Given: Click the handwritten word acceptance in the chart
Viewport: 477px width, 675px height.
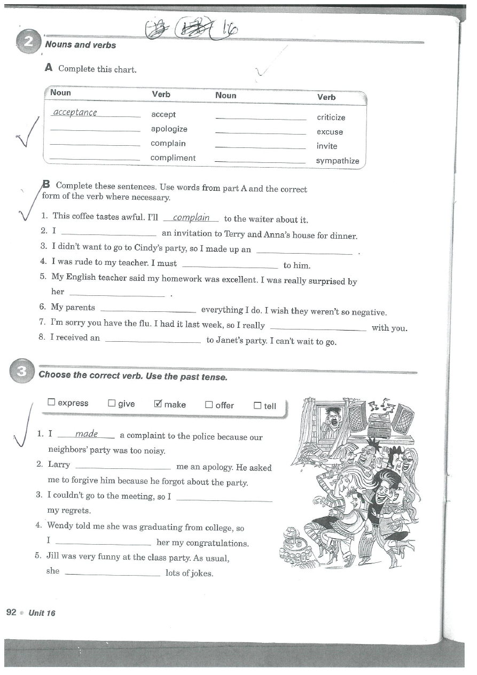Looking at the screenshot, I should click(75, 113).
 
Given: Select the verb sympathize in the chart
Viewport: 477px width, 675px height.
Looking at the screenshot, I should click(337, 161).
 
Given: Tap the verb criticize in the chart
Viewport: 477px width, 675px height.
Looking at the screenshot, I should click(331, 117).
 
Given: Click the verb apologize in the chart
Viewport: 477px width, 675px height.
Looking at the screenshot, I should click(169, 129).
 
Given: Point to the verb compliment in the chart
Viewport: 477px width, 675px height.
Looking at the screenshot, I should click(173, 158).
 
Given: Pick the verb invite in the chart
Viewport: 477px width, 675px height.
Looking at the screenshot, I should click(327, 146).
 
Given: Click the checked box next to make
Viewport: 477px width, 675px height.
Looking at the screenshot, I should click(158, 404).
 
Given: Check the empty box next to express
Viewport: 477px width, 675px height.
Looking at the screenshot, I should click(51, 403).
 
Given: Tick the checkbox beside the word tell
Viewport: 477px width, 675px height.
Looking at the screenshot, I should click(257, 406).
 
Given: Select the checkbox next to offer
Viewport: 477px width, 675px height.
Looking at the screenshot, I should click(209, 405).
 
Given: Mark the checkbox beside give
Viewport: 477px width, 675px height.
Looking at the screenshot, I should click(112, 403).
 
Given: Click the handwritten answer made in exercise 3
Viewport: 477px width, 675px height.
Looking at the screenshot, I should click(86, 434).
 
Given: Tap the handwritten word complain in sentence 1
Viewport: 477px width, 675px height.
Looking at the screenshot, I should click(191, 218).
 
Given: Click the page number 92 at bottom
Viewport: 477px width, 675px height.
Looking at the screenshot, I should click(11, 612).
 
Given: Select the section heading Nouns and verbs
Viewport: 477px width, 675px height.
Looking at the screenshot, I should click(81, 45).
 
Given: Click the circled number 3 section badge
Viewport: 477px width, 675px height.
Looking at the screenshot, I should click(21, 373).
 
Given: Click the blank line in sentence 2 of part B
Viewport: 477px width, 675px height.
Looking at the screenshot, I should click(109, 234).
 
